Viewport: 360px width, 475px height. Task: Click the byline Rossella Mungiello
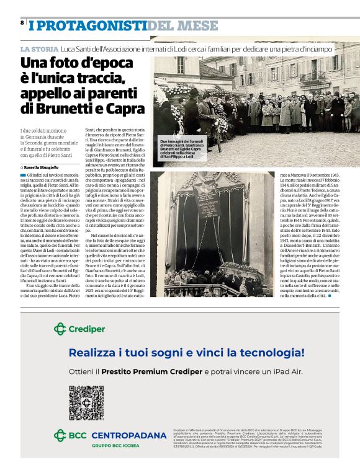point(41,167)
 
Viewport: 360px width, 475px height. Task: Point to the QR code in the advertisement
point(86,402)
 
